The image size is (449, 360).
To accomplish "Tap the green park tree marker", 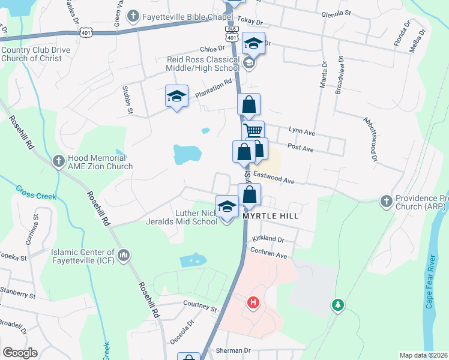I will pyautogui.click(x=338, y=305).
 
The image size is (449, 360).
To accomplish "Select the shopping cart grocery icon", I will pyautogui.click(x=253, y=130).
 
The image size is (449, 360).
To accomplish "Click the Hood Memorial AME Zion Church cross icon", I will pyautogui.click(x=58, y=161).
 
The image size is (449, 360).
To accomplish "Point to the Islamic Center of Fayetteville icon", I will pyautogui.click(x=124, y=256).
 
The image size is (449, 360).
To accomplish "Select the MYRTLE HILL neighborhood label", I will pyautogui.click(x=270, y=215).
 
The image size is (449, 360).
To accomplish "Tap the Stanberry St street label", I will pyautogui.click(x=17, y=295).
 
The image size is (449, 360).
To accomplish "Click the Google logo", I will pyautogui.click(x=20, y=353).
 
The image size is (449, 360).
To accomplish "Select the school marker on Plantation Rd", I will pyautogui.click(x=176, y=96).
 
